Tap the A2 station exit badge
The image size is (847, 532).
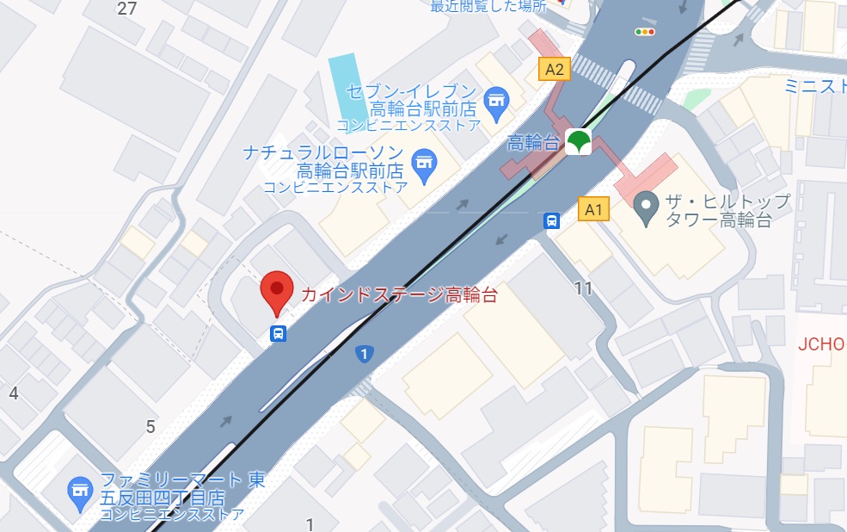555,69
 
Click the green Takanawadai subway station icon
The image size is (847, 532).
578,142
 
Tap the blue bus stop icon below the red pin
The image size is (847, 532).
278,334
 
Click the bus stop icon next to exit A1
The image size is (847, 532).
551,221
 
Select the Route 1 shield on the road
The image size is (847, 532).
365,354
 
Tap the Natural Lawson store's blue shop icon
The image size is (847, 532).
423,161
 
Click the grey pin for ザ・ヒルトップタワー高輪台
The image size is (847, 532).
646,205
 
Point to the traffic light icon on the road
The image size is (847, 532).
644,32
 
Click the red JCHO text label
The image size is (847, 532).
822,344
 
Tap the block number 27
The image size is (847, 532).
127,9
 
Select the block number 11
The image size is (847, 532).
584,288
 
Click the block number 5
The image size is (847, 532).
150,426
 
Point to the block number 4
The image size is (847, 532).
13,393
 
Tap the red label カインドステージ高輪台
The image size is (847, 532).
399,294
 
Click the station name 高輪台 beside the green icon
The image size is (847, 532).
534,142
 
